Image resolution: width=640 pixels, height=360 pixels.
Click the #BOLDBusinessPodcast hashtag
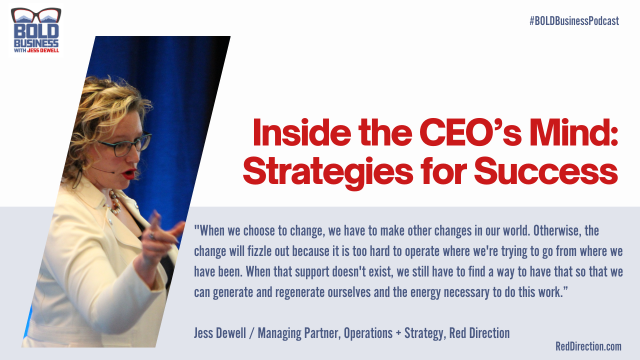[574, 21]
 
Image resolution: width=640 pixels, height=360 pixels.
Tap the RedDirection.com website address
[588, 346]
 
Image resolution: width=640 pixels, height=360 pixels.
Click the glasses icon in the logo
[36, 15]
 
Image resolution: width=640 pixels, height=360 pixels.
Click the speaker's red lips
[130, 173]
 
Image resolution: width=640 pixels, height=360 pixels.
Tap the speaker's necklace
[114, 202]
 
